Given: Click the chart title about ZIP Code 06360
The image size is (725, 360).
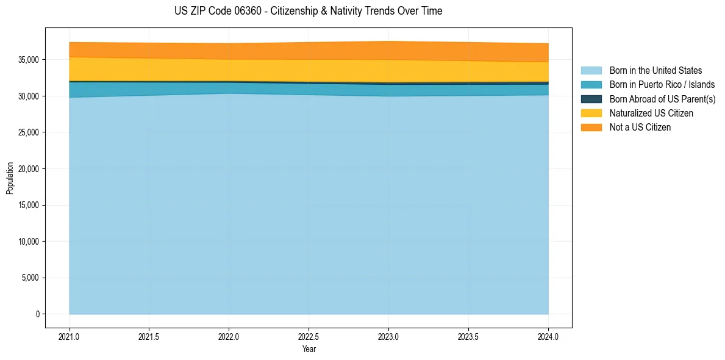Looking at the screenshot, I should pos(308,11).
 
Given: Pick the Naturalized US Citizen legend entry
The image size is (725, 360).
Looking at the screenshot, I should pos(651,113).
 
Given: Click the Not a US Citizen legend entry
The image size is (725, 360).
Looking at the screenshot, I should pos(640,128).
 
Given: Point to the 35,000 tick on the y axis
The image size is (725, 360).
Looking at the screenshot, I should pos(28,60).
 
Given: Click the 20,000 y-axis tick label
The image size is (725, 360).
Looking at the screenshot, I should pos(28,169).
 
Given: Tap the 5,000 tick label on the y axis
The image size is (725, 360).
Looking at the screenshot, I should pos(30,278).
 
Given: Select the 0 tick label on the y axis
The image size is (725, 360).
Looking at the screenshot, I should pos(37,314).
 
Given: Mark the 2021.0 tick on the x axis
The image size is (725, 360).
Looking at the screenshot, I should pos(70,336).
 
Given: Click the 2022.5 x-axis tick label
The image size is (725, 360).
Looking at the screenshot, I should pos(309,336).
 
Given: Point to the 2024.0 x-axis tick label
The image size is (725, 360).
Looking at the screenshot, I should pos(548,336).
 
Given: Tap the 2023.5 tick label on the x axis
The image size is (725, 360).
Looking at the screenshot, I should pos(468,336).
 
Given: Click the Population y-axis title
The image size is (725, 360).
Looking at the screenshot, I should pos(10,178).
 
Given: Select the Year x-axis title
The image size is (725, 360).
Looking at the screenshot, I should pos(309,350).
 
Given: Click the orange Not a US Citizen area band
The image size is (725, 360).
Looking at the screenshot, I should pos(309,51).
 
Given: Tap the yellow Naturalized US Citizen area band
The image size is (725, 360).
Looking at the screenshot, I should pos(309,70).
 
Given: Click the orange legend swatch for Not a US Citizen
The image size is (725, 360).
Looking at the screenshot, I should pos(591,128).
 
